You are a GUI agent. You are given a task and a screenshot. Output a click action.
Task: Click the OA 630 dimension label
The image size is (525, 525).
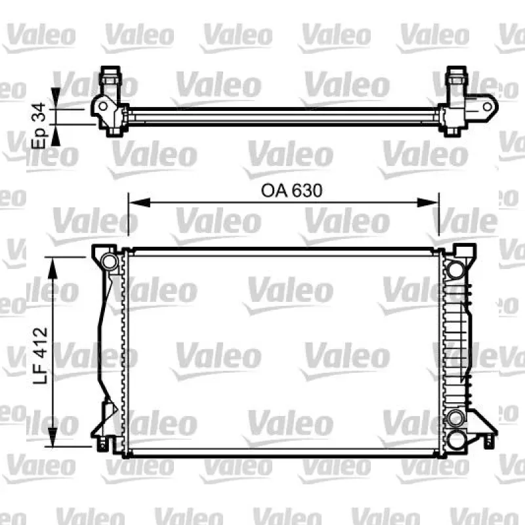[x=291, y=190]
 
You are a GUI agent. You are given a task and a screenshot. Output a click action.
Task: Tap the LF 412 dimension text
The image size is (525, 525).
[x=40, y=355]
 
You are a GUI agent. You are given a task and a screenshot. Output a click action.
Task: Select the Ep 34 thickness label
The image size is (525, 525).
[x=39, y=125]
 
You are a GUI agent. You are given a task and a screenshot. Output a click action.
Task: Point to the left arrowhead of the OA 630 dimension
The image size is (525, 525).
[x=140, y=202]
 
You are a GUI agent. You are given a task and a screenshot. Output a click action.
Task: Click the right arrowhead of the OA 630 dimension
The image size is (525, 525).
[x=428, y=202]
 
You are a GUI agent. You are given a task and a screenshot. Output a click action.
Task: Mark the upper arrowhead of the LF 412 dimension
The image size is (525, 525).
[x=52, y=268]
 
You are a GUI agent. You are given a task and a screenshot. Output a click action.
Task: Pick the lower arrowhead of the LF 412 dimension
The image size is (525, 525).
[x=52, y=436]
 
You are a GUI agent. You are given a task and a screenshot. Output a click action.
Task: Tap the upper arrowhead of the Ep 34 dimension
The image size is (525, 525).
[x=56, y=98]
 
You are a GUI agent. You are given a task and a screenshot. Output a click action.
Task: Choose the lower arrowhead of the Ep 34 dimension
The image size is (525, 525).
[x=56, y=136]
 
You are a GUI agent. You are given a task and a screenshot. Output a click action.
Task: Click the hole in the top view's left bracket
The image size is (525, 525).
[x=103, y=106]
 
